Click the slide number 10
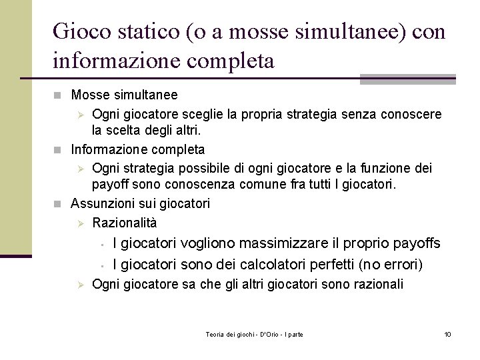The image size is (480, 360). pyautogui.click(x=447, y=333)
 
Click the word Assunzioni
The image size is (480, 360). pyautogui.click(x=102, y=203)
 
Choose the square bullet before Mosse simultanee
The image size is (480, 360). pyautogui.click(x=62, y=95)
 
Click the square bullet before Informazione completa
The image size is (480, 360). pyautogui.click(x=62, y=149)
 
